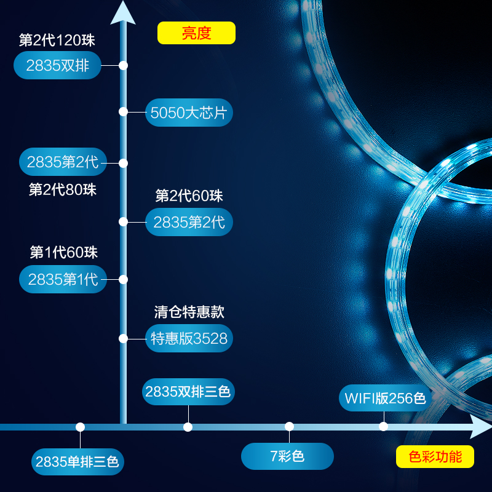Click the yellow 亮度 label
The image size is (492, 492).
pos(196,33)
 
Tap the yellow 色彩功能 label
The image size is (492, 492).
pos(435,457)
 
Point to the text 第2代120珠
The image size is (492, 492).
pos(57,41)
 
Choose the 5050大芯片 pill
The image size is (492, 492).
pos(189,113)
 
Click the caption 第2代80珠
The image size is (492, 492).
pos(63,189)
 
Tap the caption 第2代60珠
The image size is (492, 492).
pos(189,196)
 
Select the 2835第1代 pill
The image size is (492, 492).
pos(63,279)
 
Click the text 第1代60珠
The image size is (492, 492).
pos(64,252)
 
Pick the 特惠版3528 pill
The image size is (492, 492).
pos(189,338)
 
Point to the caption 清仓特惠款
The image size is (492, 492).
pos(189,312)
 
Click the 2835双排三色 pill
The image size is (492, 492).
pos(189,392)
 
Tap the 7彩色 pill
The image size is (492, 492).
pos(287,456)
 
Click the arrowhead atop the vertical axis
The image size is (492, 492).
pos(123,12)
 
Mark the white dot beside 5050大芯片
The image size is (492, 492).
pos(123,112)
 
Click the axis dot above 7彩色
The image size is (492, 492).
pos(289,426)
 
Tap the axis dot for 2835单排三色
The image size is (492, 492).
pos(80,427)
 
